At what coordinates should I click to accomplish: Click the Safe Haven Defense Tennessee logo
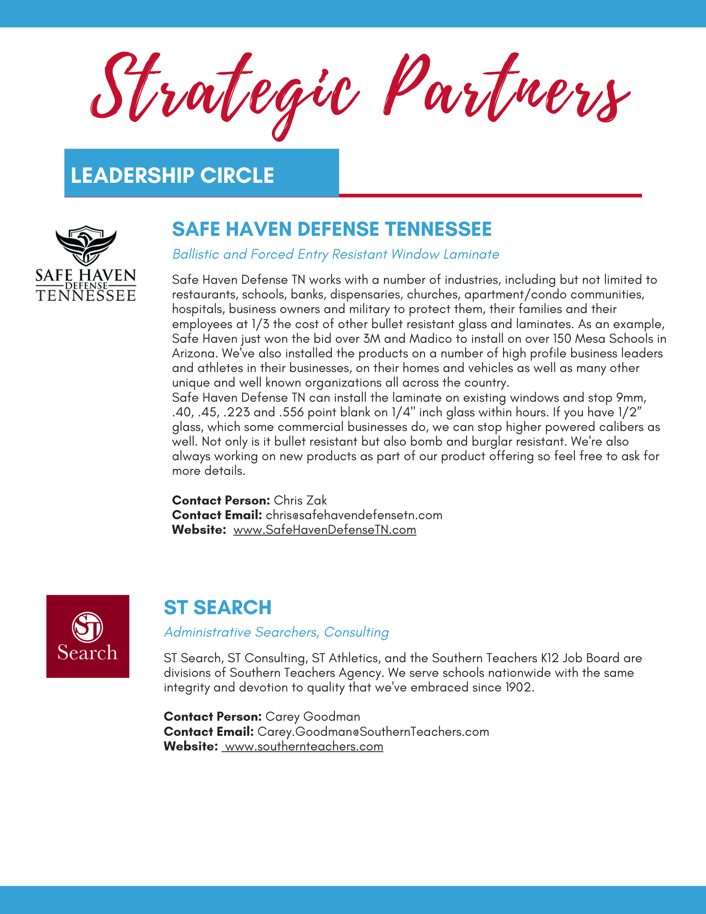[x=86, y=264]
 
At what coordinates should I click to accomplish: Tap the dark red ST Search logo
[x=88, y=636]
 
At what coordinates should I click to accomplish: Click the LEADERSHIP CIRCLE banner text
[x=172, y=175]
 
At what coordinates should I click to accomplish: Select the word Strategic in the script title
[x=224, y=91]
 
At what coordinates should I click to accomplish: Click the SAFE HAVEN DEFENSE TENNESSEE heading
[x=332, y=229]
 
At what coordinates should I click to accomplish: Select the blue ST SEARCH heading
[x=218, y=607]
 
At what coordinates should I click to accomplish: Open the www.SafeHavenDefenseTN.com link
[x=324, y=530]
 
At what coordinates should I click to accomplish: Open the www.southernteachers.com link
[x=304, y=747]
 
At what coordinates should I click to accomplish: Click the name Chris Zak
[x=300, y=500]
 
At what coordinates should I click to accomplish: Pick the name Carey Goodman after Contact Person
[x=313, y=717]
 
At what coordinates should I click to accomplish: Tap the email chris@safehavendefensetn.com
[x=354, y=515]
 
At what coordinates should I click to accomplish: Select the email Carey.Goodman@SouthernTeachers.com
[x=373, y=732]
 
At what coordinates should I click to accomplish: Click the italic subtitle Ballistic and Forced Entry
[x=335, y=254]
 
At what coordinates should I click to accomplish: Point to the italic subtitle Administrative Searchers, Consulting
[x=276, y=632]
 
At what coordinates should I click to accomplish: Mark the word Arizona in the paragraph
[x=195, y=353]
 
